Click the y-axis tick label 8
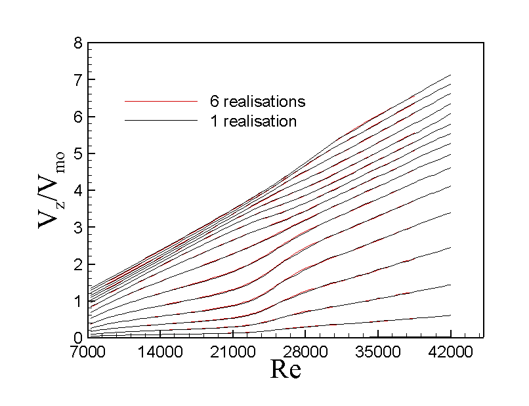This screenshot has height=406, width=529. (x=79, y=43)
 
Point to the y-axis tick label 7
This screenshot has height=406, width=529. (x=79, y=80)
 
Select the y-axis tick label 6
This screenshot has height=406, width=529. (x=79, y=117)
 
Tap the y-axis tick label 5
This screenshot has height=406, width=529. (x=79, y=153)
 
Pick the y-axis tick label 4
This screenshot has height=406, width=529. (x=79, y=190)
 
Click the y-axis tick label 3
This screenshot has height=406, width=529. (x=79, y=227)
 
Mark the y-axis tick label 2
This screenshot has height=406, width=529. (x=79, y=264)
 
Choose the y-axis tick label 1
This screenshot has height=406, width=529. (x=79, y=300)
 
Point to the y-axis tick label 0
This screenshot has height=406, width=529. (x=79, y=337)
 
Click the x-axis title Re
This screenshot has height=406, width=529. (x=286, y=371)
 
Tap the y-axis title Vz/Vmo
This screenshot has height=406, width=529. (x=50, y=190)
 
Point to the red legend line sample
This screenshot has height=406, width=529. (x=161, y=102)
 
